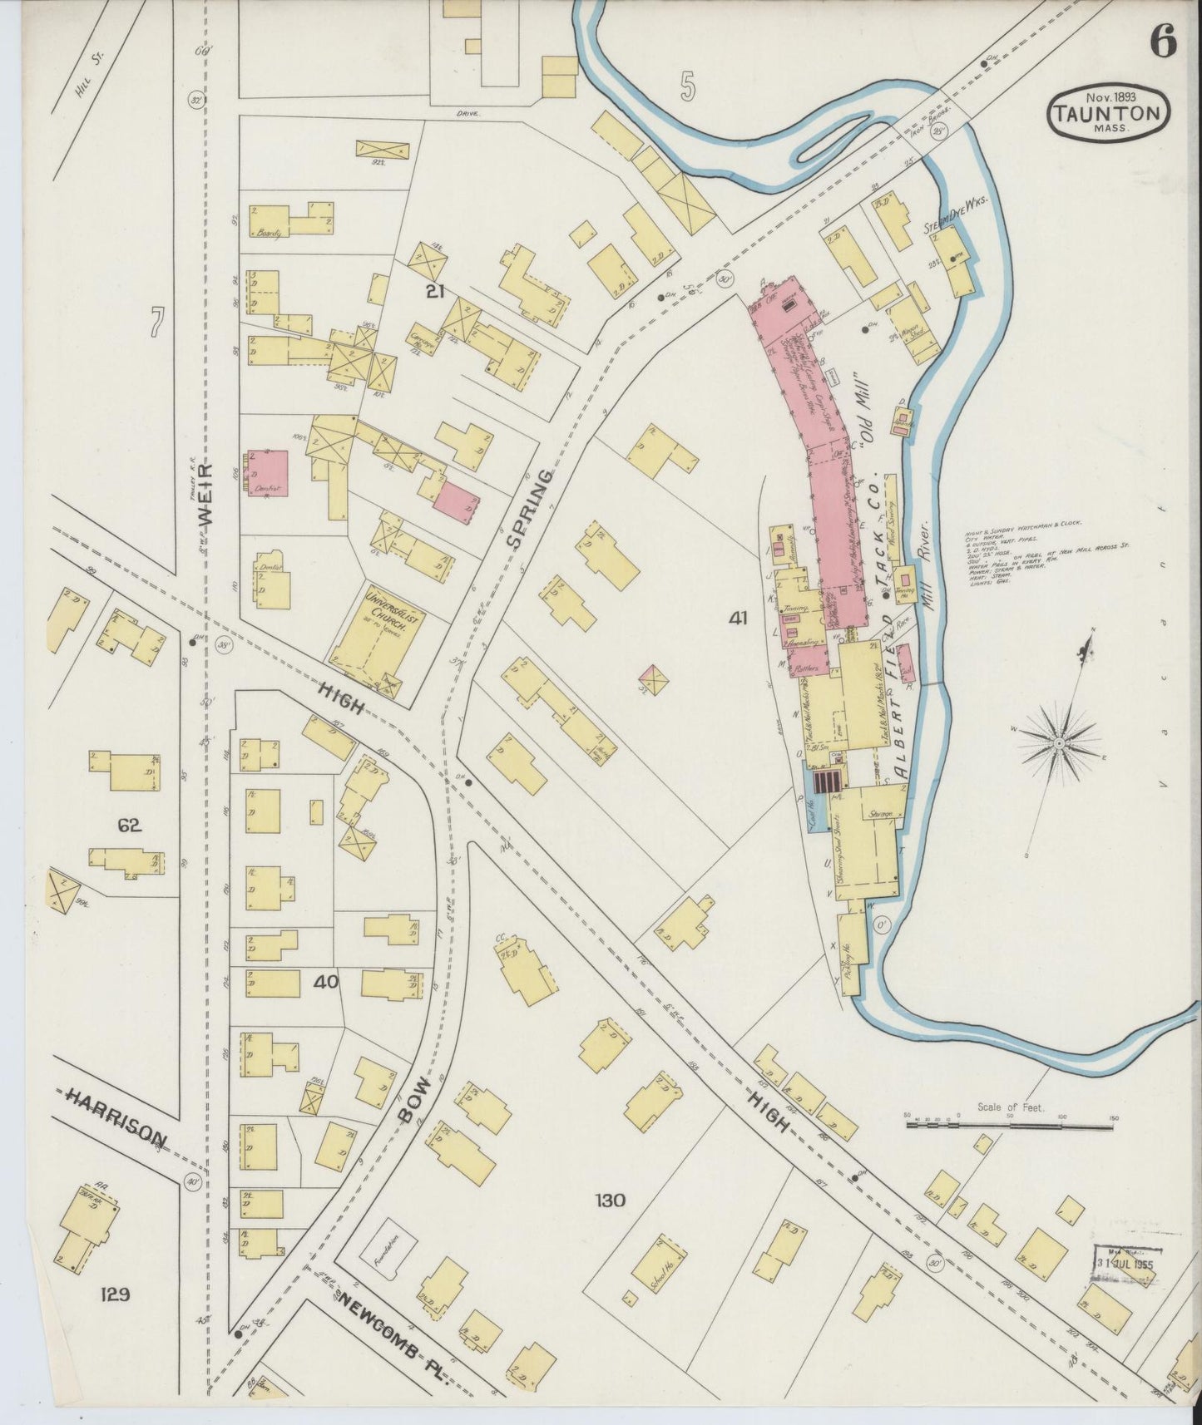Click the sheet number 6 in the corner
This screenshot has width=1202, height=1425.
(1164, 42)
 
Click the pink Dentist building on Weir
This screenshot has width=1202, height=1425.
(269, 474)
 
